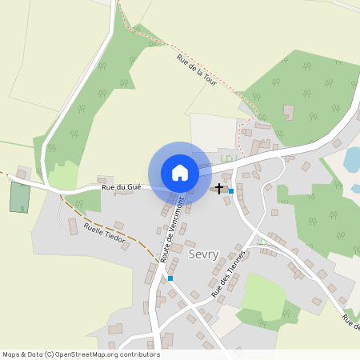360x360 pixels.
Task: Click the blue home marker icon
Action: [180, 172]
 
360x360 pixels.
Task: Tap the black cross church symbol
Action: [219, 189]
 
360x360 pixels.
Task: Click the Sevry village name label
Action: [203, 254]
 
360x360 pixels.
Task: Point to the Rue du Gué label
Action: [122, 187]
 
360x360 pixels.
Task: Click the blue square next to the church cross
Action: [231, 191]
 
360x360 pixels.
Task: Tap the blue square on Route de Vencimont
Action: [170, 278]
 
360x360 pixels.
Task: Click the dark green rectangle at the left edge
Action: [18, 197]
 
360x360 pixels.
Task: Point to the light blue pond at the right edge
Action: [351, 160]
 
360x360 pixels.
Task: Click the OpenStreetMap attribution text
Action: [81, 354]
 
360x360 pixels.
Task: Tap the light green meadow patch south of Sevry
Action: [263, 294]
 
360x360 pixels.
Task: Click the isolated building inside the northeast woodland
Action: [289, 113]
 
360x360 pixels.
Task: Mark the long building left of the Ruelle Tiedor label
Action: [72, 227]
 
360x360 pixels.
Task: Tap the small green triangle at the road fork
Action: [261, 241]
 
